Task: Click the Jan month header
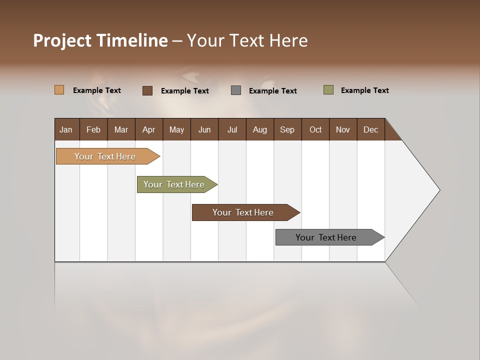[66, 129]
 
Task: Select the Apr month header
[148, 129]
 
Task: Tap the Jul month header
[232, 129]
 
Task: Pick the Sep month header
[287, 129]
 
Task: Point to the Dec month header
[370, 129]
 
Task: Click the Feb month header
[93, 129]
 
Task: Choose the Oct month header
[315, 129]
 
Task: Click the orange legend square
[59, 90]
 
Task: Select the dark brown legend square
[147, 90]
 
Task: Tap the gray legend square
[236, 90]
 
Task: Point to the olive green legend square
[328, 90]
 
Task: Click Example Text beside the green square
[364, 90]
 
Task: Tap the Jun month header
[204, 129]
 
